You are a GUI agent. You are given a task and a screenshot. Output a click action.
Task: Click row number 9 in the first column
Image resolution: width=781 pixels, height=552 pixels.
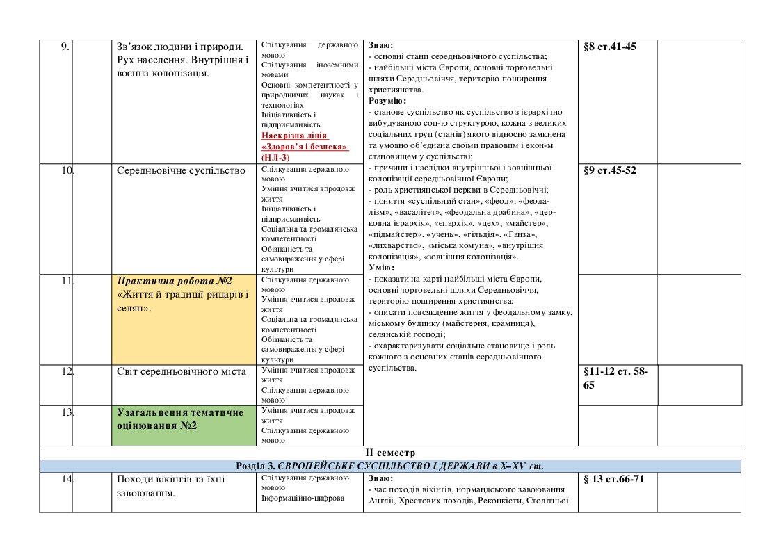click(x=65, y=47)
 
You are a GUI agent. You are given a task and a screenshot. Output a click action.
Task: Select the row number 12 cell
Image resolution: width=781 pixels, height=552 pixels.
click(x=67, y=371)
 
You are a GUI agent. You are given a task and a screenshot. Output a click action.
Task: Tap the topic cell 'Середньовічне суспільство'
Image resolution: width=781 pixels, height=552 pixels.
click(x=181, y=171)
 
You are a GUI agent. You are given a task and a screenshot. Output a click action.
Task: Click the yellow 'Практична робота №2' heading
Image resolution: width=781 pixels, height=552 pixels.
click(x=174, y=281)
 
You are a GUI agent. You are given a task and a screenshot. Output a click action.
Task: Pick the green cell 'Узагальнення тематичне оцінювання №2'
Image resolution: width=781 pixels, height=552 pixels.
click(x=181, y=419)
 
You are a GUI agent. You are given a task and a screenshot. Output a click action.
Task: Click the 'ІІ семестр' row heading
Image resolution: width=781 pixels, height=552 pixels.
click(x=389, y=453)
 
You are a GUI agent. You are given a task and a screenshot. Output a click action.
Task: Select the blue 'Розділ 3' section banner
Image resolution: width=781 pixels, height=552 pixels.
click(x=389, y=466)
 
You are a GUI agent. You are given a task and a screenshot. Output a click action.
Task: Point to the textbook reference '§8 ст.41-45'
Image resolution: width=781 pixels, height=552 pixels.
click(x=610, y=47)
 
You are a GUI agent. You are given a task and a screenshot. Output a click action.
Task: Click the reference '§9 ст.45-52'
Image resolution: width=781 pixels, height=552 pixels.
click(x=610, y=170)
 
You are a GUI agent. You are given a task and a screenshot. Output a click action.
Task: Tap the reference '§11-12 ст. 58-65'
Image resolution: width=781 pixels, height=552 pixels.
click(x=615, y=378)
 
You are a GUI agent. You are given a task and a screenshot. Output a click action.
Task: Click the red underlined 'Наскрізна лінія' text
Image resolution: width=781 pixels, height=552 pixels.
click(x=295, y=136)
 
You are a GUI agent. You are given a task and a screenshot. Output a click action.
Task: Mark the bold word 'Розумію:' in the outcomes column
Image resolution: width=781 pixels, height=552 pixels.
click(x=387, y=101)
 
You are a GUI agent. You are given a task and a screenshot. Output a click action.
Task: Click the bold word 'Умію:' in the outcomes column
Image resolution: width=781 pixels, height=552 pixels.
click(x=381, y=268)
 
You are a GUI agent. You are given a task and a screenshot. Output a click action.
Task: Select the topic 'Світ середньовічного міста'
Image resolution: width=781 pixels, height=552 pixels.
click(x=181, y=371)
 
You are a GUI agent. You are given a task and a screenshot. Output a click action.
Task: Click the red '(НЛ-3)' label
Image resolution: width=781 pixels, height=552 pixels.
click(x=275, y=158)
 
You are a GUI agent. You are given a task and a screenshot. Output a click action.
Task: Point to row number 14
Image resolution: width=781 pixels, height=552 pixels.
click(x=67, y=480)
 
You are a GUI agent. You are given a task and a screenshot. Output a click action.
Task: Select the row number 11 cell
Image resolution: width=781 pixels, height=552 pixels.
click(x=67, y=281)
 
